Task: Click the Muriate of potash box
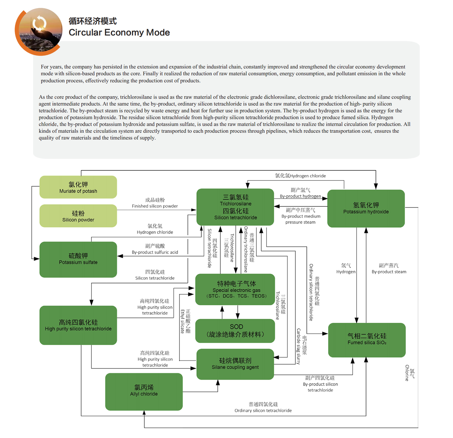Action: coord(78,187)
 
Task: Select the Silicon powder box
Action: coord(78,216)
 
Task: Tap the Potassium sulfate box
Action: coord(78,259)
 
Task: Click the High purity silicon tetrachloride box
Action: coord(78,325)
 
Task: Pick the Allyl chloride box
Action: coord(144,391)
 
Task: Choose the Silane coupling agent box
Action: coord(235,364)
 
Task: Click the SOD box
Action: coord(235,331)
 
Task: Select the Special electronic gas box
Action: coord(235,289)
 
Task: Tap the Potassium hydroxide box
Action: coord(366,208)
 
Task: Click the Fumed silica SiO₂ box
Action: coord(367,340)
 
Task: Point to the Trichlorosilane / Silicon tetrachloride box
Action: coord(235,207)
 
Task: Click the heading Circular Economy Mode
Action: coord(119,33)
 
